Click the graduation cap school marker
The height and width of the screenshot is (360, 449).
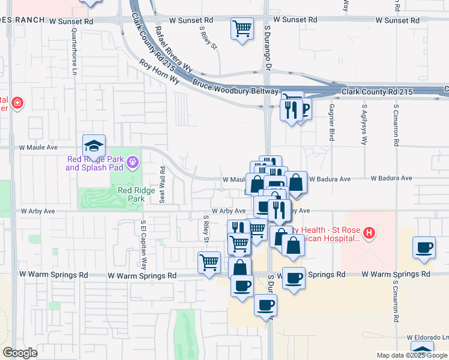[94, 146]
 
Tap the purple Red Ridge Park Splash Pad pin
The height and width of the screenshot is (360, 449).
[133, 161]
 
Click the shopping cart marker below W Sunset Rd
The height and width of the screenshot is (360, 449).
[242, 28]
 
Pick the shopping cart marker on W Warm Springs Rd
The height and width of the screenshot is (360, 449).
[209, 262]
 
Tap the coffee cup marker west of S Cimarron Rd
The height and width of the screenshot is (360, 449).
[424, 248]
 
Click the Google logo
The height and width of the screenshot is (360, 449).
[20, 353]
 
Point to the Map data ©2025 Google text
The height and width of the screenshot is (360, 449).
[411, 355]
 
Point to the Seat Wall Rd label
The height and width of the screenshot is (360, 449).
[162, 184]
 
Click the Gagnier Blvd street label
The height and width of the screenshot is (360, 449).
[331, 122]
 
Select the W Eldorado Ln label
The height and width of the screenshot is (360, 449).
[427, 337]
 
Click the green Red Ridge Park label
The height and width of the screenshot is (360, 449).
[131, 194]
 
